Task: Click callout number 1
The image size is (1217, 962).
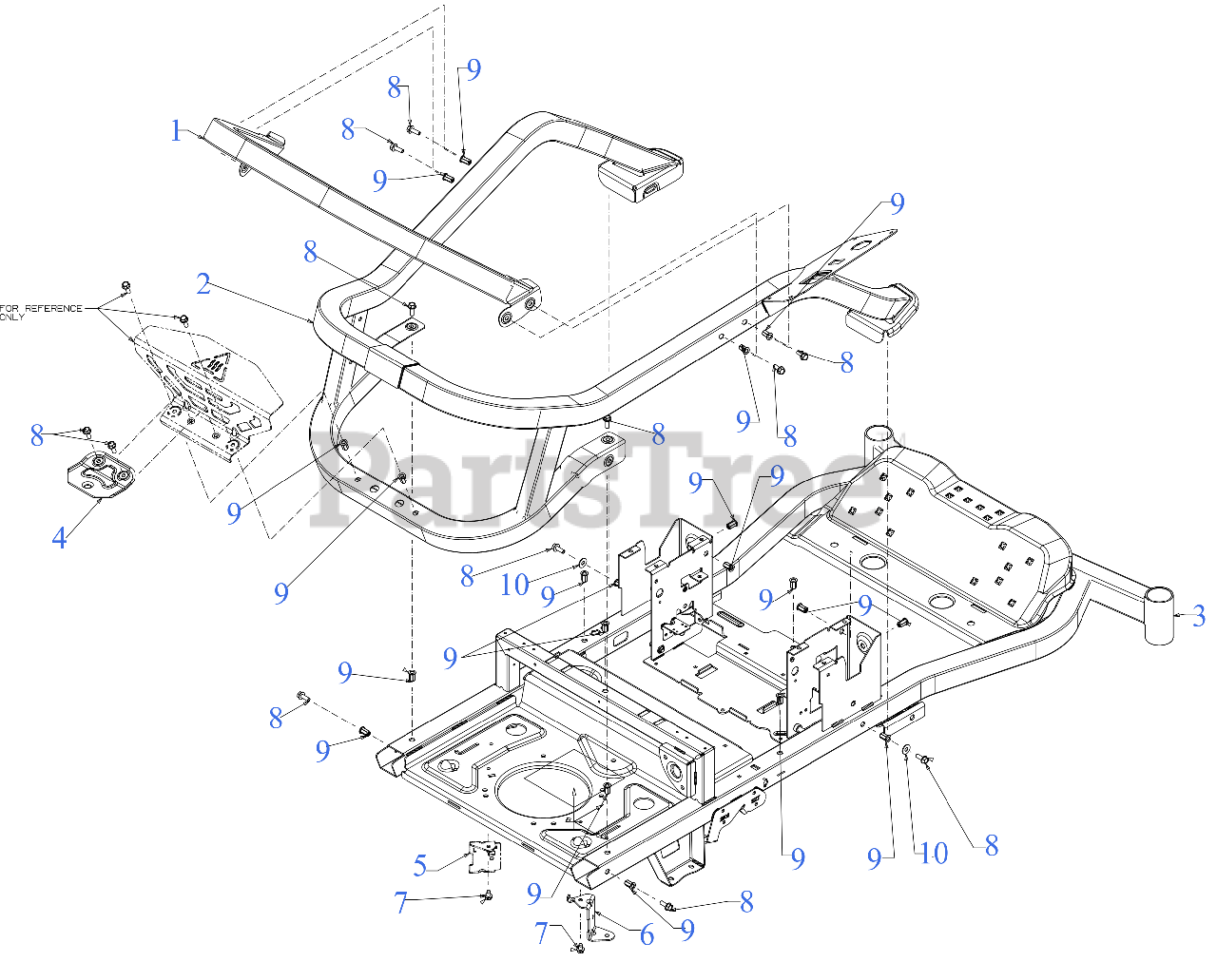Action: [x=176, y=130]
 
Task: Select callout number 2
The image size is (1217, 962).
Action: [x=203, y=283]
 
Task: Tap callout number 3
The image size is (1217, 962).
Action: [x=1199, y=616]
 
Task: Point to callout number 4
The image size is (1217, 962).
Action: [x=59, y=538]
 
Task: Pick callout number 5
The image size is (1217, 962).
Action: [x=420, y=865]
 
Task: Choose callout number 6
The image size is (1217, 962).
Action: [x=647, y=935]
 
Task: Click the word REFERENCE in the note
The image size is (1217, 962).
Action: [x=53, y=308]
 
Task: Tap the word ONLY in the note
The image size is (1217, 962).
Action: [x=11, y=317]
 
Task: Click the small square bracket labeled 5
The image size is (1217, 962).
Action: [x=485, y=857]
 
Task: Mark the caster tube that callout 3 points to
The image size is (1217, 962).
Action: [x=1159, y=615]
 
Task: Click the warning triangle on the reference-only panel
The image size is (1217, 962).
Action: [x=215, y=363]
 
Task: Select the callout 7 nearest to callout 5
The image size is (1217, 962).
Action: [x=401, y=902]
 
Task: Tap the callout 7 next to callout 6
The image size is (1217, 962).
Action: [x=541, y=933]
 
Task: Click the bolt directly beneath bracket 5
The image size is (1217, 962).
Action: [x=488, y=895]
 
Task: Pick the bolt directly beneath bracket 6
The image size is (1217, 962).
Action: [x=578, y=948]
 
